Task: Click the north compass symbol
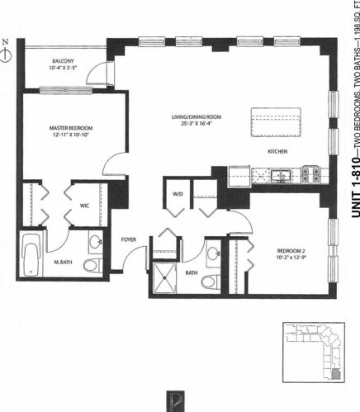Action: coord(7,52)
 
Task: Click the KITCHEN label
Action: coord(277,152)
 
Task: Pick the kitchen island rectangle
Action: coord(277,124)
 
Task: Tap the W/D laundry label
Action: coord(176,196)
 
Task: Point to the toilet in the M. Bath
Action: coord(92,265)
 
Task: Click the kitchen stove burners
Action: coord(311,174)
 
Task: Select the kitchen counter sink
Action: coord(282,174)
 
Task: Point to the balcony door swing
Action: coord(98,74)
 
